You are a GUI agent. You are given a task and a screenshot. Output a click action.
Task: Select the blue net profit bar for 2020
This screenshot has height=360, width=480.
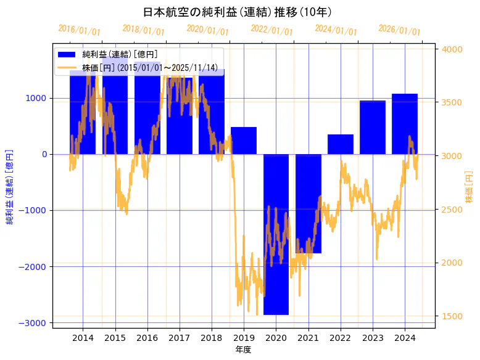pos(276,234)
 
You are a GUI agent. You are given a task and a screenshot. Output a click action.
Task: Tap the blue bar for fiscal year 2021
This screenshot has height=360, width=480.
pos(308,203)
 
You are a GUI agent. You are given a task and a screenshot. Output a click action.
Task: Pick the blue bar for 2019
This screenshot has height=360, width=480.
pos(244,141)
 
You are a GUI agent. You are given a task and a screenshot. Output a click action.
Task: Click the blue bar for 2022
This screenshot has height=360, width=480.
pos(340,144)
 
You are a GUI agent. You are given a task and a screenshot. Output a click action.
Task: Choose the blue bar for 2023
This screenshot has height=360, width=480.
pos(373,127)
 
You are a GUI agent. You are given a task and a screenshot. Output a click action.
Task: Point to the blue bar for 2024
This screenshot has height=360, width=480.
pos(405,124)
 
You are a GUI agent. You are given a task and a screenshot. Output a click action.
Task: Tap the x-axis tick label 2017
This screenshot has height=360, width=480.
pos(179,338)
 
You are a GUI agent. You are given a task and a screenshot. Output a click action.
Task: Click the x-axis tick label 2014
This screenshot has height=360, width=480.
pos(83,338)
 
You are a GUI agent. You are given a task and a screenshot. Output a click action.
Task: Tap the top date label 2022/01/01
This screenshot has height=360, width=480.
pos(272,30)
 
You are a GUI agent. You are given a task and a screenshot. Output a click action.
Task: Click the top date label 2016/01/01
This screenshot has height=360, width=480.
pos(80,30)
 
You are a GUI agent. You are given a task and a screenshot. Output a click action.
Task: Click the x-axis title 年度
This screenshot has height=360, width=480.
pos(243,350)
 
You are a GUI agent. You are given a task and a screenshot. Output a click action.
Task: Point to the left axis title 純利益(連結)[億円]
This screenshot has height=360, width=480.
pos(10,186)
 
